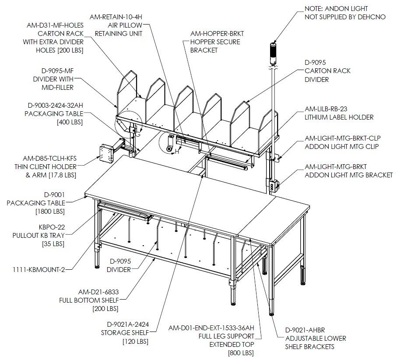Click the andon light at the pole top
tap(273, 53)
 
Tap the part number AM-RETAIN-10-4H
tap(116, 17)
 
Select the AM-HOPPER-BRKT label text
tap(217, 34)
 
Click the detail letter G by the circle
tap(138, 134)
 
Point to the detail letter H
tap(177, 152)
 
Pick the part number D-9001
tap(54, 195)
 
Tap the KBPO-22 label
tap(52, 227)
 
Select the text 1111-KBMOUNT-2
tap(39, 270)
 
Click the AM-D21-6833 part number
tap(98, 292)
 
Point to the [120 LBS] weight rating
tap(136, 342)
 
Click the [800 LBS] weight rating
tap(241, 353)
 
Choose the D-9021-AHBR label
tap(305, 330)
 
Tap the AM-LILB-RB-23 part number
tap(326, 109)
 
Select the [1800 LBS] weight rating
tap(50, 212)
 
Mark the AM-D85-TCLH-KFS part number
tap(50, 159)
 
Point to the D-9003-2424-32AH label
tap(56, 106)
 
